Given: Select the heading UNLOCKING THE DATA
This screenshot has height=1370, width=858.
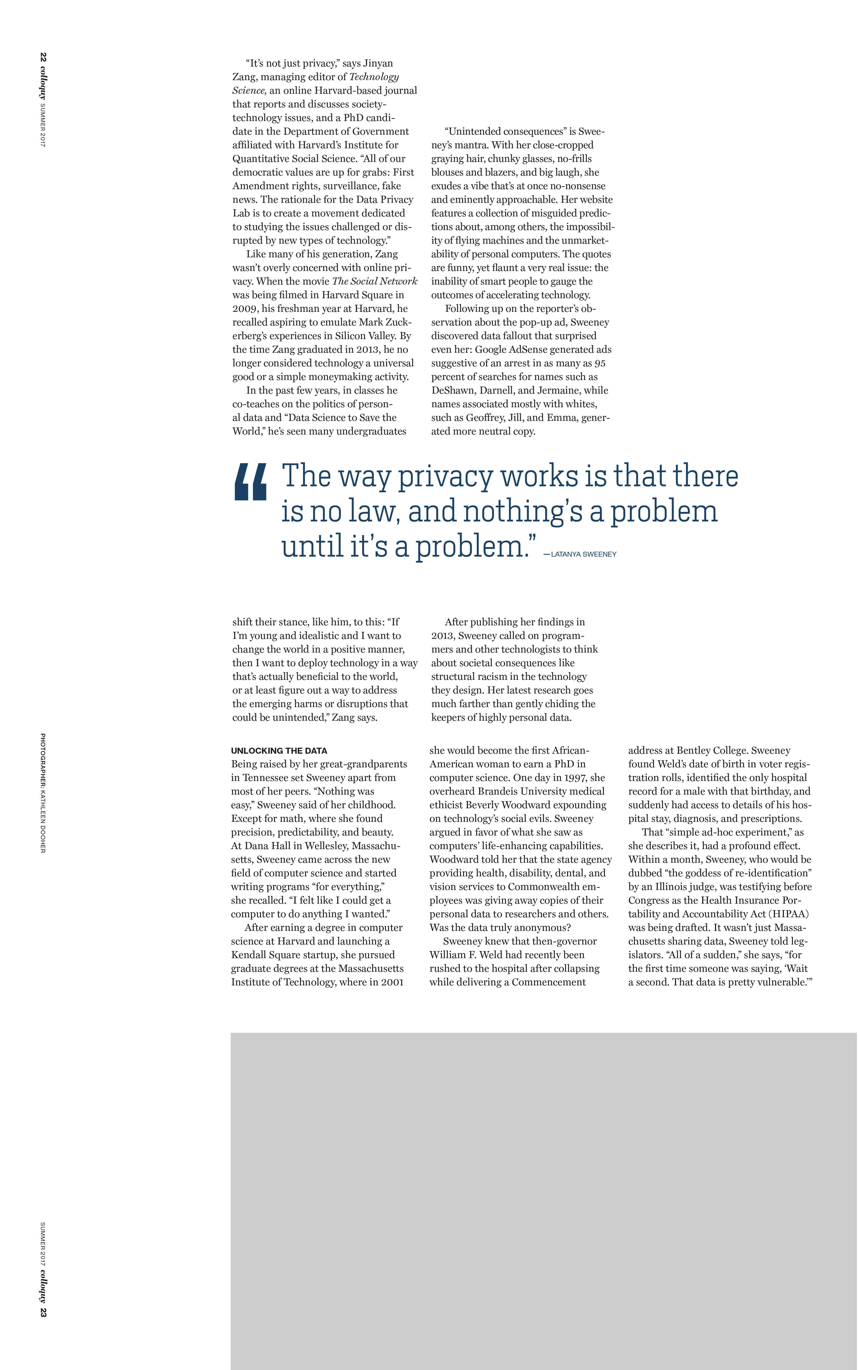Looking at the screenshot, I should tap(279, 751).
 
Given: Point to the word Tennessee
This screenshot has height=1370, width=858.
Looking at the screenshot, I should tap(267, 778).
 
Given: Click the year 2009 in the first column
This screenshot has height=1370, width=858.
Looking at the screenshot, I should tap(245, 309).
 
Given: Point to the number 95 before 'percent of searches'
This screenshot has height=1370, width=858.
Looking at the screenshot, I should tap(600, 363).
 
